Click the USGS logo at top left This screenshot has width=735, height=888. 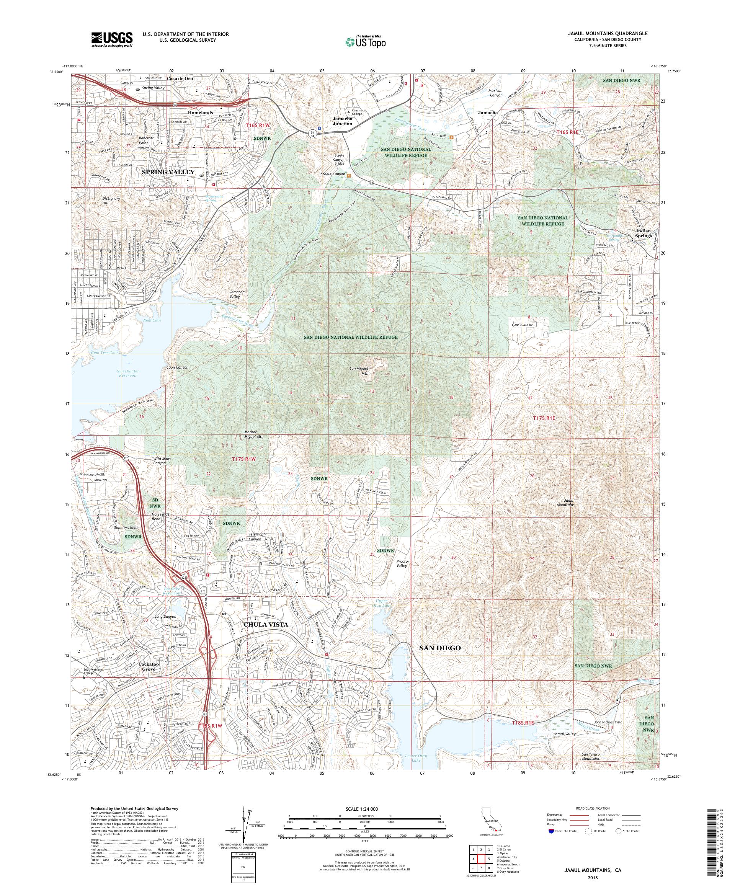tap(112, 39)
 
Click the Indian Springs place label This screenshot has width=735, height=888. tap(643, 233)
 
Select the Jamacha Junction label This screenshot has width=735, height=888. tap(342, 121)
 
